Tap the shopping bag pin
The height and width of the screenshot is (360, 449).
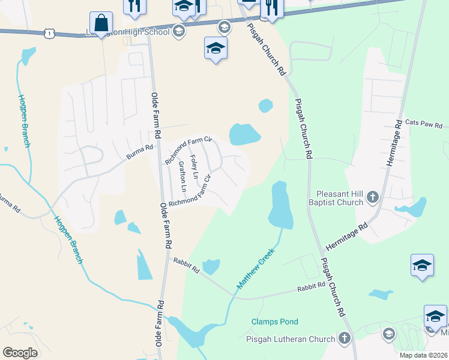101,23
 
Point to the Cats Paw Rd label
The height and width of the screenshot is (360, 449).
423,123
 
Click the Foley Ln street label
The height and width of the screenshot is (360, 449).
194,167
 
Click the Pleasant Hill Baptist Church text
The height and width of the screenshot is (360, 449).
340,198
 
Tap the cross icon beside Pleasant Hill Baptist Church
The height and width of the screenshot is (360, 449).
372,196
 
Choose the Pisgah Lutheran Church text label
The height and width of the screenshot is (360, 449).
291,339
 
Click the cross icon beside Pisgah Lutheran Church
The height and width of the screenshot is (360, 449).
345,338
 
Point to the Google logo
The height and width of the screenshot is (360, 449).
20,353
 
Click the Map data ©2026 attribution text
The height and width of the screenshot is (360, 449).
423,355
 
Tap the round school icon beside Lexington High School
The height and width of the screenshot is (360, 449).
178,32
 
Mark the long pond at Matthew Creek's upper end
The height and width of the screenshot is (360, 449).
280,205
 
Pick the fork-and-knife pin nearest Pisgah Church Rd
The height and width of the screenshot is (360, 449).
271,8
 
